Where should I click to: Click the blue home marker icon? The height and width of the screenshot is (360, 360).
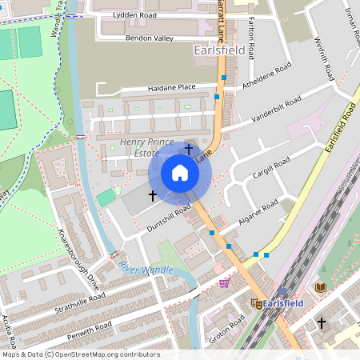pyautogui.click(x=180, y=173)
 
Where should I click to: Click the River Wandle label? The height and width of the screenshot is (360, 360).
pyautogui.click(x=146, y=270)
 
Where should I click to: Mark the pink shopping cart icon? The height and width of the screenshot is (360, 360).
pyautogui.click(x=225, y=282)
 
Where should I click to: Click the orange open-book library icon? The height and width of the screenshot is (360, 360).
pyautogui.click(x=321, y=287)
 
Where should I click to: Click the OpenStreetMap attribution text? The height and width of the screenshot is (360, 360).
pyautogui.click(x=80, y=354)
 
